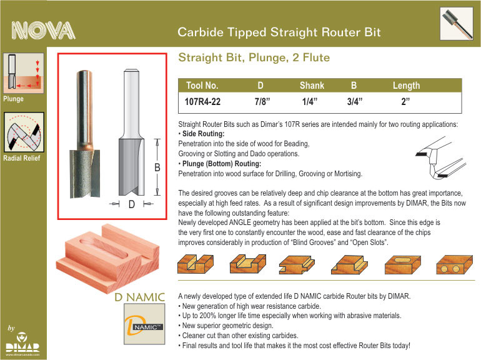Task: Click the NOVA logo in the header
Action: pos(43,31)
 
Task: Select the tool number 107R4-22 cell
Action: pos(202,102)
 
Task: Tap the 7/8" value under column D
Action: pos(262,102)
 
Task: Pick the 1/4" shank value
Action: pos(310,102)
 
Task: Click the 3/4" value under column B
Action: pos(355,102)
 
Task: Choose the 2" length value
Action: pos(405,102)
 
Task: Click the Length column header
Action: pos(406,86)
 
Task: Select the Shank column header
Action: pos(312,86)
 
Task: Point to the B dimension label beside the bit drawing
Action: pos(157,167)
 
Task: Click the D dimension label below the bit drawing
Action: pos(132,204)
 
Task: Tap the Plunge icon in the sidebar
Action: pos(24,73)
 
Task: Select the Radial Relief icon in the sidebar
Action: pos(24,132)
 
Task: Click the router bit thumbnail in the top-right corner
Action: pos(457,24)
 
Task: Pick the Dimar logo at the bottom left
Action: pos(22,343)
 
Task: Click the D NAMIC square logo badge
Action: pos(144,324)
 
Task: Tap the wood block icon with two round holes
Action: pos(454,265)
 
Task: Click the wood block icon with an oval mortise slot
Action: pos(403,265)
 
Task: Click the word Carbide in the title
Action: pos(201,32)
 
